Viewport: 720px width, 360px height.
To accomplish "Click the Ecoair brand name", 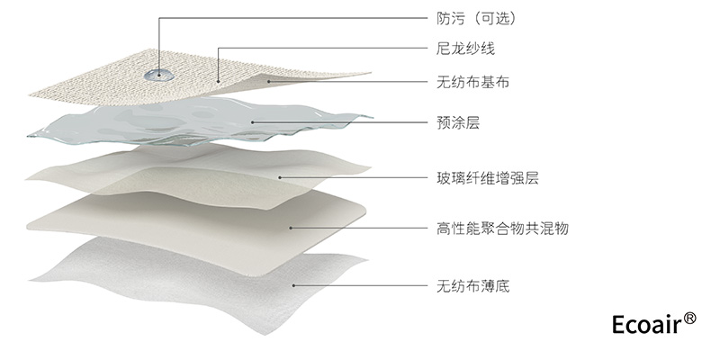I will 643,325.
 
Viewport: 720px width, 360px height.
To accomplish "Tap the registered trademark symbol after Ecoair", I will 689,318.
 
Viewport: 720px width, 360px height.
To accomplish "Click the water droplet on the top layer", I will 160,70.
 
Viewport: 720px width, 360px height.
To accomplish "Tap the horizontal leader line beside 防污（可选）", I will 288,18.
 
